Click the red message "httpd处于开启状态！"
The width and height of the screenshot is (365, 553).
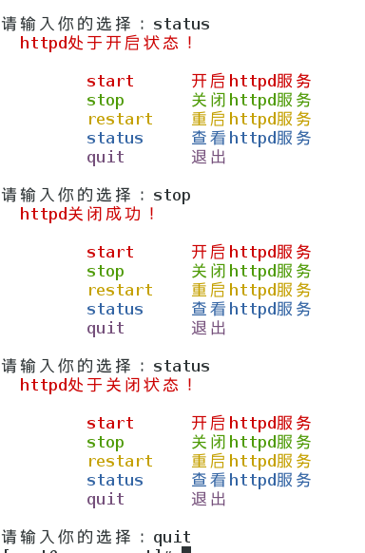pos(106,43)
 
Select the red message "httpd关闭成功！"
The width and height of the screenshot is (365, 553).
pos(87,214)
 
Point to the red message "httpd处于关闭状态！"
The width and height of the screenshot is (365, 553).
pos(106,385)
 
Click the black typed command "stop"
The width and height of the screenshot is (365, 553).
pos(171,195)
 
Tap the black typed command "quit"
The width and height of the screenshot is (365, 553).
pos(171,537)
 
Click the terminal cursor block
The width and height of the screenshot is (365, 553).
pos(186,549)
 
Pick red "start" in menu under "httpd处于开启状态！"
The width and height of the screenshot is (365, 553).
pos(110,81)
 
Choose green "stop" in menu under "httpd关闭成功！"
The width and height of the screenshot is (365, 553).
pos(106,271)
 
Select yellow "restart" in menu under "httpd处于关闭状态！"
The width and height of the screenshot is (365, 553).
pos(120,461)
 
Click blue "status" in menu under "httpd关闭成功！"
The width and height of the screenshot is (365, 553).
pos(115,309)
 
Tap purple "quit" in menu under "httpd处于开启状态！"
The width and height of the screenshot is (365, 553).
pos(106,157)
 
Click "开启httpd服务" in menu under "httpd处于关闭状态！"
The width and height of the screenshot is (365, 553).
pos(251,423)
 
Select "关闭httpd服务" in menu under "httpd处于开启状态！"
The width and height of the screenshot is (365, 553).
pos(251,100)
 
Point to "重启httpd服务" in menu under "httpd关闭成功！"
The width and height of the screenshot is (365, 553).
pos(251,290)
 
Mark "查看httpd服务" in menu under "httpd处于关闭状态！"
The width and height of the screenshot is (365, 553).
pos(251,480)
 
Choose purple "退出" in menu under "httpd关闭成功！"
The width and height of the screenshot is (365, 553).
pos(209,328)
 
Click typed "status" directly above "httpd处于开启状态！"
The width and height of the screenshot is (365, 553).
pos(181,24)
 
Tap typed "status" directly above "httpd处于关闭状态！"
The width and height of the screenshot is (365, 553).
pos(181,366)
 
